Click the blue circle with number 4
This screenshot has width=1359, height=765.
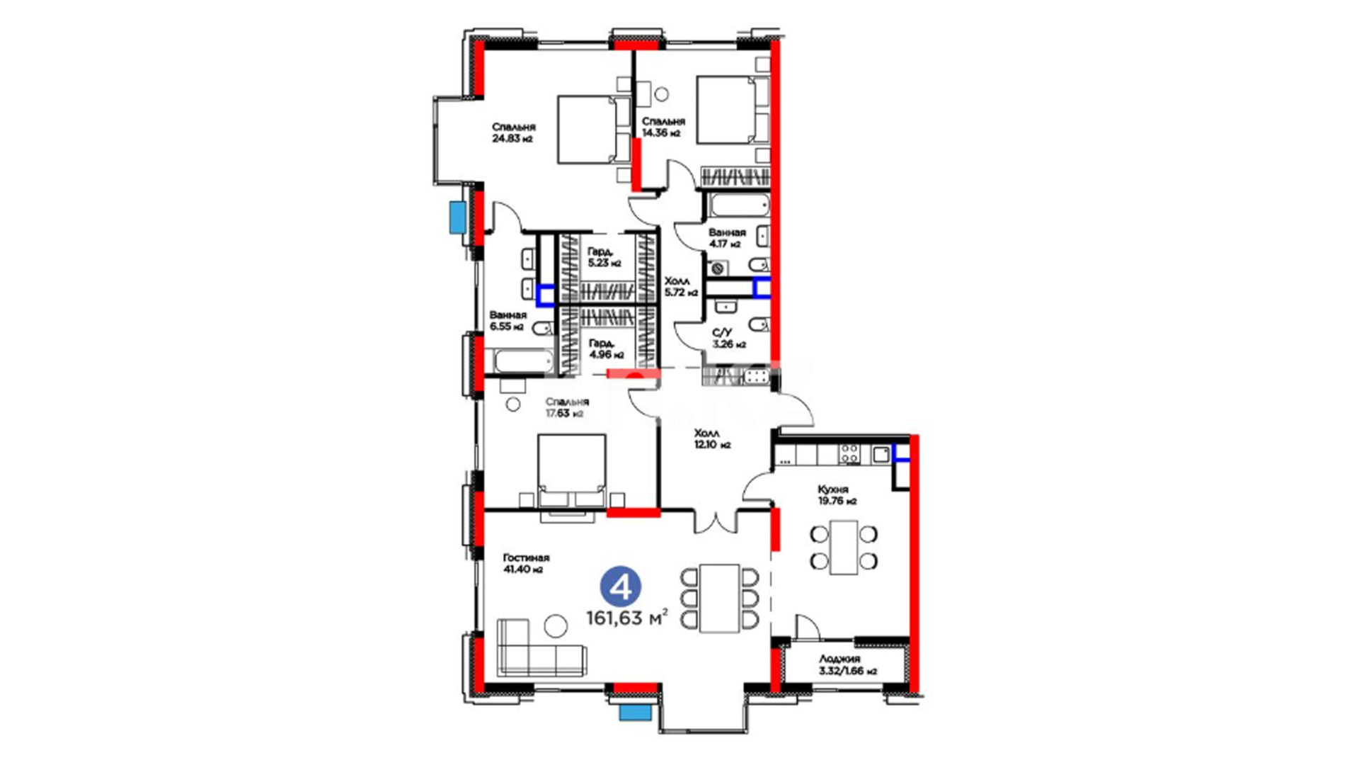point(621,586)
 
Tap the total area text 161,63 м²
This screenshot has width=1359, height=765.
point(626,618)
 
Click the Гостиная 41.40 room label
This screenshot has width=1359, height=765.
point(526,563)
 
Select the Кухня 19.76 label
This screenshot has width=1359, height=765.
point(837,495)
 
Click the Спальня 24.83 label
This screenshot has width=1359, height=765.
point(513,132)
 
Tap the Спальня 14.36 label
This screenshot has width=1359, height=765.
point(663,127)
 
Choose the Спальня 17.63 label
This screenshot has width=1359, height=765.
point(566,407)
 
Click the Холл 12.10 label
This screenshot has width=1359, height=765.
point(711,438)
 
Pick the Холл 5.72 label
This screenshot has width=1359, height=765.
point(681,286)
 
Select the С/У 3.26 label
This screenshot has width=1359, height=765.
point(728,338)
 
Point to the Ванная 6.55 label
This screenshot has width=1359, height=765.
point(508,320)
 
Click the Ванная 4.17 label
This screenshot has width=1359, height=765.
point(727,238)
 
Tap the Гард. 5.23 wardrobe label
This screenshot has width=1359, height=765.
point(604,257)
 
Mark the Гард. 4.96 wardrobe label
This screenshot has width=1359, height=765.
point(606,348)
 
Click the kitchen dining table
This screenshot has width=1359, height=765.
point(844,548)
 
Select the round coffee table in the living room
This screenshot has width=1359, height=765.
point(556,626)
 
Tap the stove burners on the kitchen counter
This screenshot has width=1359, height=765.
point(849,454)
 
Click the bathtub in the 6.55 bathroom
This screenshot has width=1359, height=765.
point(523,361)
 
